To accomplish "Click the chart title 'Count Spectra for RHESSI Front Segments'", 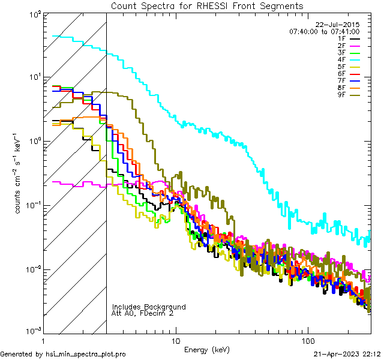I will click(207, 5).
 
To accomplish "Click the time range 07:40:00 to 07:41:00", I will click(325, 31).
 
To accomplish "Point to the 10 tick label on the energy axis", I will click(175, 341).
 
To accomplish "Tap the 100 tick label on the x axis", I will click(307, 341).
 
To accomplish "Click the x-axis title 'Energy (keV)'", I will click(207, 350).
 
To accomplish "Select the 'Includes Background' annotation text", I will click(148, 307).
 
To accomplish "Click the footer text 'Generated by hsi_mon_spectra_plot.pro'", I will click(63, 354).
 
